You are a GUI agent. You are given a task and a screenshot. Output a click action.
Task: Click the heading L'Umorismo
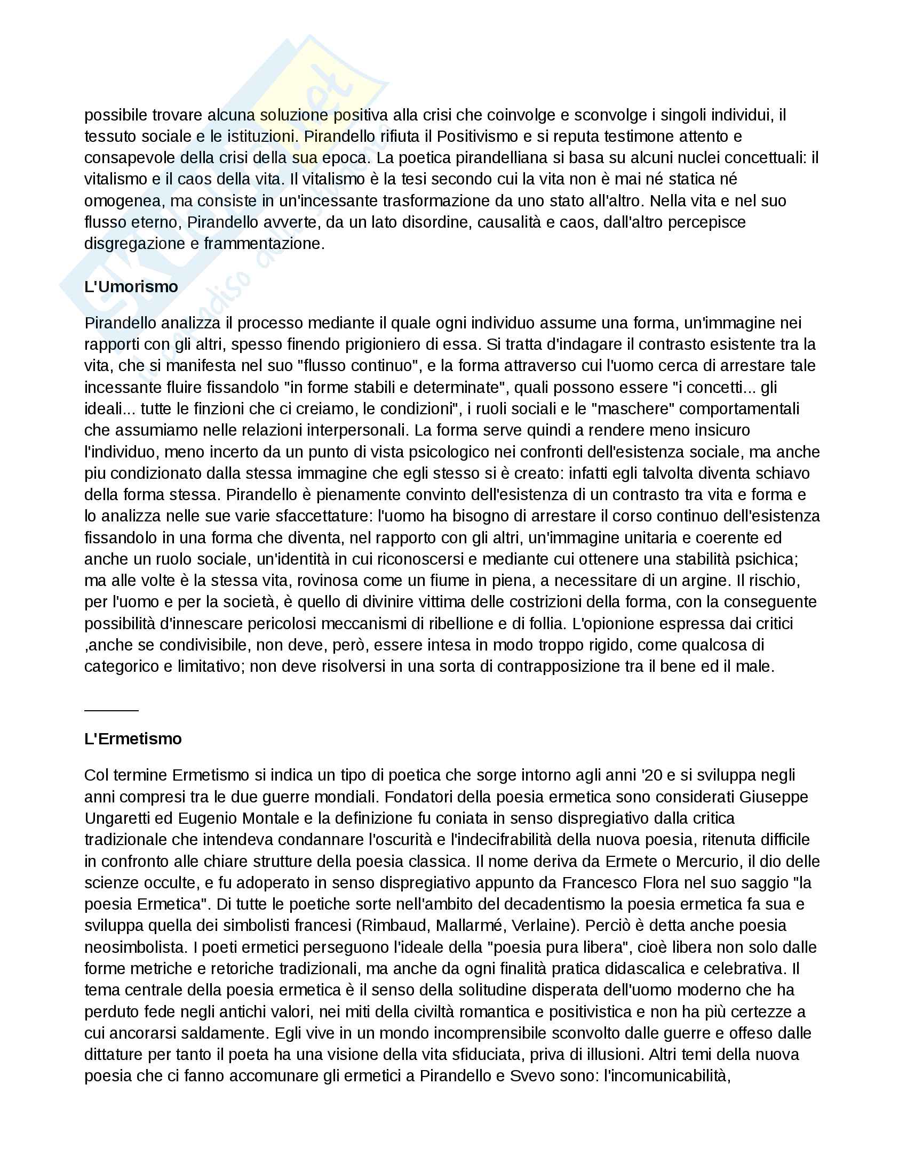click(x=131, y=287)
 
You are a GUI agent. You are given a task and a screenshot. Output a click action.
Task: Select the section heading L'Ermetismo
click(x=133, y=739)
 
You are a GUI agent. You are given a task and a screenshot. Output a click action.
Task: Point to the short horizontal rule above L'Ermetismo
click(x=111, y=710)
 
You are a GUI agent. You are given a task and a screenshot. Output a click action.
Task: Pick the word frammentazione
click(x=264, y=244)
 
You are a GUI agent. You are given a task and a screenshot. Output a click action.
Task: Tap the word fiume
click(x=474, y=581)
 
